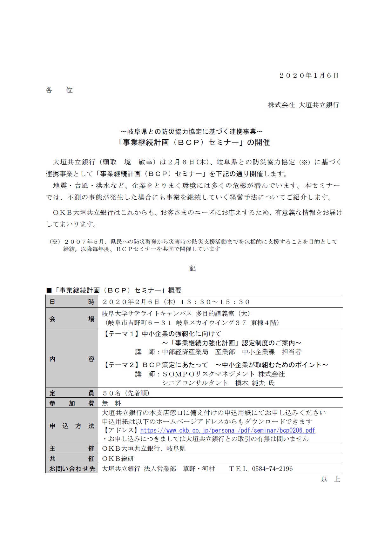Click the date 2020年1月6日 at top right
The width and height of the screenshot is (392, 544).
[309, 76]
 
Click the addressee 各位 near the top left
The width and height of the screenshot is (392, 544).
[59, 90]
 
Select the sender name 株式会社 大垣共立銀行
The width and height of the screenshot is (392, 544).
[303, 105]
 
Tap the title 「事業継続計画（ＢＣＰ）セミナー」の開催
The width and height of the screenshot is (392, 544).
[193, 143]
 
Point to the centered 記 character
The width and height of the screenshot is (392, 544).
[193, 269]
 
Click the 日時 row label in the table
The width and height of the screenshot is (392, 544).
[72, 302]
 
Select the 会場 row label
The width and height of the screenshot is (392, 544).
[72, 319]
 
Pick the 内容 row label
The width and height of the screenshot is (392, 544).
[72, 359]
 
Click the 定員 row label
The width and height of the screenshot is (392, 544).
[72, 393]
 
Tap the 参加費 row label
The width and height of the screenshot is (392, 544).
[72, 403]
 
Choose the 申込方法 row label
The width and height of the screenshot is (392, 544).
[72, 426]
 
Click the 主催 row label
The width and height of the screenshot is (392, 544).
[72, 448]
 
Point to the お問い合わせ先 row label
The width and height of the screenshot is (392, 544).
[72, 469]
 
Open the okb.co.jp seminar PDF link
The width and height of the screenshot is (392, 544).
[227, 430]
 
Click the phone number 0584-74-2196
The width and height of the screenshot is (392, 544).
[272, 469]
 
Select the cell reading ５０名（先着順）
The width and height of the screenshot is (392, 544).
[126, 393]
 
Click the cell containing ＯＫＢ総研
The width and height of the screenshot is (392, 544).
[118, 459]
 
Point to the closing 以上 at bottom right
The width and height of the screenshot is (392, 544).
[330, 479]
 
